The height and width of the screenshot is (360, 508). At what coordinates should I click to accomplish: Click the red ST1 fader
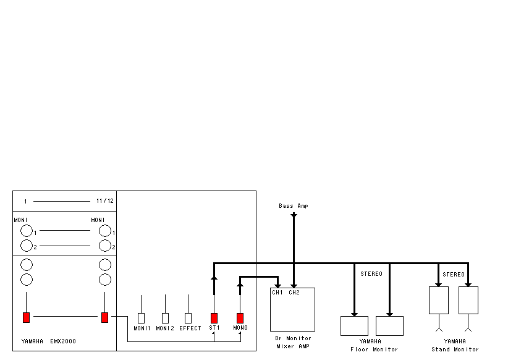pyautogui.click(x=214, y=318)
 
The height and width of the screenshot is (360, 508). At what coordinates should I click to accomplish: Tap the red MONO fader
pyautogui.click(x=240, y=318)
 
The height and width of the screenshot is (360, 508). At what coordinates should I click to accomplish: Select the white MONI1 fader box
pyautogui.click(x=142, y=318)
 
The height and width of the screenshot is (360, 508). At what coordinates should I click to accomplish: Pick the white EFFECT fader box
pyautogui.click(x=188, y=318)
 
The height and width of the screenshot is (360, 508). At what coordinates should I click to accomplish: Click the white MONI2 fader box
pyautogui.click(x=165, y=318)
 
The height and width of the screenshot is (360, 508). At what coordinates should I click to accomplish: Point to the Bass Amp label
pyautogui.click(x=294, y=206)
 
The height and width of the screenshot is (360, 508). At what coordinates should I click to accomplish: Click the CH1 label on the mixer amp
pyautogui.click(x=277, y=292)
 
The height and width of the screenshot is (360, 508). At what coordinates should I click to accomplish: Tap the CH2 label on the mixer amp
pyautogui.click(x=294, y=292)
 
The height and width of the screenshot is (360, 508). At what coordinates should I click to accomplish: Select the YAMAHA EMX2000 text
pyautogui.click(x=49, y=341)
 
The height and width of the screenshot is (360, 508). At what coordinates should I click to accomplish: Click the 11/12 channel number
pyautogui.click(x=105, y=201)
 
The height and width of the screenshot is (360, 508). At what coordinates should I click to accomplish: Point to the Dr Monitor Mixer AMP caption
pyautogui.click(x=293, y=342)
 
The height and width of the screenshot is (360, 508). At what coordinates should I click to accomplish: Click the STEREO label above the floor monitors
pyautogui.click(x=371, y=274)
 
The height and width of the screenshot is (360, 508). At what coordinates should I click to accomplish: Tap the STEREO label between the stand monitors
pyautogui.click(x=454, y=275)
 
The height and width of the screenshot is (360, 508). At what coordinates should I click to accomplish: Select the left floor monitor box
pyautogui.click(x=355, y=326)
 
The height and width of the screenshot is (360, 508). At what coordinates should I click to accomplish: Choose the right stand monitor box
pyautogui.click(x=468, y=301)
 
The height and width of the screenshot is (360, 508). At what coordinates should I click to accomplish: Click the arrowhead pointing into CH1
pyautogui.click(x=277, y=286)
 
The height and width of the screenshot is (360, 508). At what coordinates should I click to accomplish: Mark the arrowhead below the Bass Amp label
pyautogui.click(x=294, y=215)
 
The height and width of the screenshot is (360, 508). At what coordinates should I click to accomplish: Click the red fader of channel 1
pyautogui.click(x=26, y=317)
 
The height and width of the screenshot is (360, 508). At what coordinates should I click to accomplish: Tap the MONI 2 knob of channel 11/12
pyautogui.click(x=105, y=246)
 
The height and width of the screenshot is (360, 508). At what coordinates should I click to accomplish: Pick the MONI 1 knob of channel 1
pyautogui.click(x=27, y=231)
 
